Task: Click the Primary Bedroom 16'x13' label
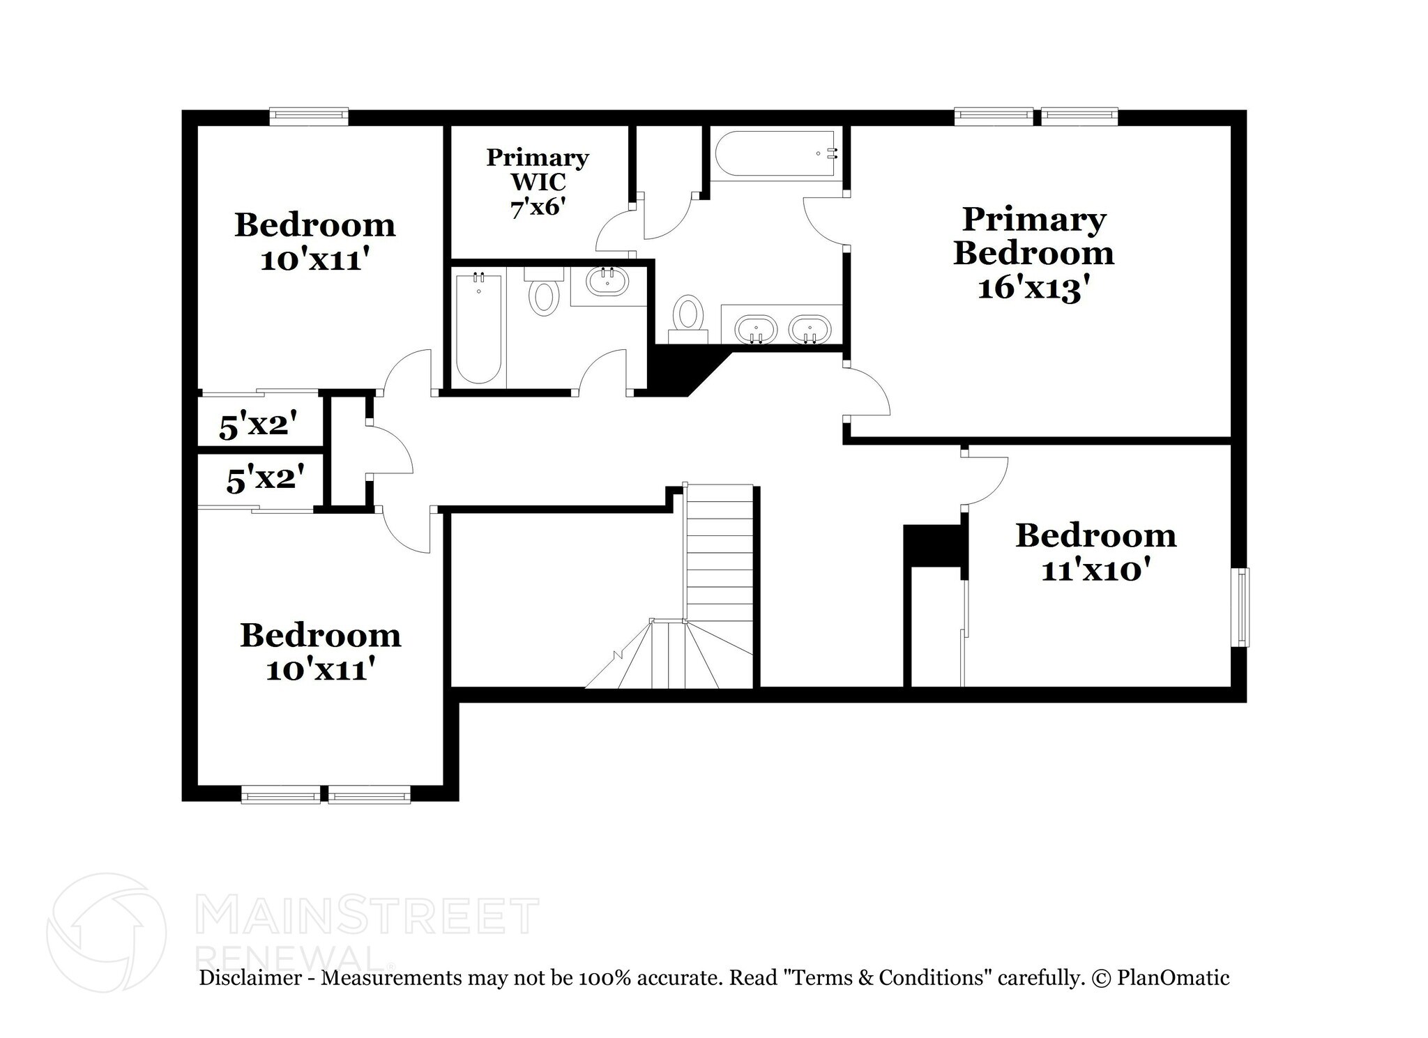coord(1033,254)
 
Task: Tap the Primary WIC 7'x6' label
coord(537,182)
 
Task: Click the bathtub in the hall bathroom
coord(478,328)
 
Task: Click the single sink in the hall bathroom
coord(607,282)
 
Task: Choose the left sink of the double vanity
coord(756,329)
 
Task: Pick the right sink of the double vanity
coord(810,329)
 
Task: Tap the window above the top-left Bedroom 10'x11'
coord(308,116)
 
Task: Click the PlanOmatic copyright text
coord(1160,978)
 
